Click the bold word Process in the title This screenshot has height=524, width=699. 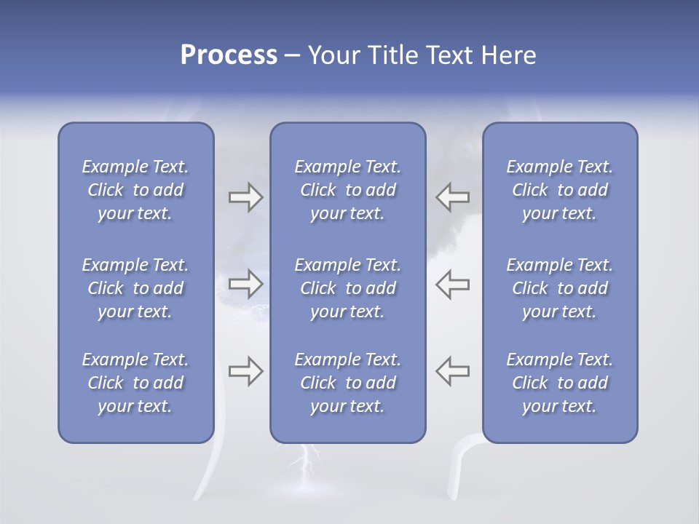coord(229,55)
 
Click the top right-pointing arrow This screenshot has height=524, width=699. coord(245,197)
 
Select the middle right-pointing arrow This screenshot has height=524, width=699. coord(245,284)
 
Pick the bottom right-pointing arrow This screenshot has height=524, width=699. coord(245,371)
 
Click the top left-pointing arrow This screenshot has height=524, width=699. coord(452,197)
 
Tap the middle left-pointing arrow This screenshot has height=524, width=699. coord(452,284)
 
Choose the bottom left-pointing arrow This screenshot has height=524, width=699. coord(452,371)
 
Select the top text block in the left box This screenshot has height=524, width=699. coord(135,190)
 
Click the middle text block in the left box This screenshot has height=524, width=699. coord(135,288)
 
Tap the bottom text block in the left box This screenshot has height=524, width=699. coord(135,383)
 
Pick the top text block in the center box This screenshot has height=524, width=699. coord(347,190)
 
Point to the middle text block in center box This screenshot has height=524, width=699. coord(347,288)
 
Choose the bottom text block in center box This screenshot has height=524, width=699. coord(347,383)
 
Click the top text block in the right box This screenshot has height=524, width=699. coord(559,190)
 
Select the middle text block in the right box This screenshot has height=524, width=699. coord(559,288)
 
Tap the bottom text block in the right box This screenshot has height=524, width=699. coord(559,383)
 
